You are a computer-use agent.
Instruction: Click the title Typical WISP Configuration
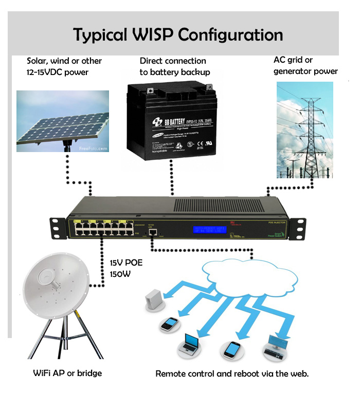pos(178,34)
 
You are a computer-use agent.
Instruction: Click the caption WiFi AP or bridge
pos(67,373)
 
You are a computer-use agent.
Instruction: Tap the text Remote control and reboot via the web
pos(232,373)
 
